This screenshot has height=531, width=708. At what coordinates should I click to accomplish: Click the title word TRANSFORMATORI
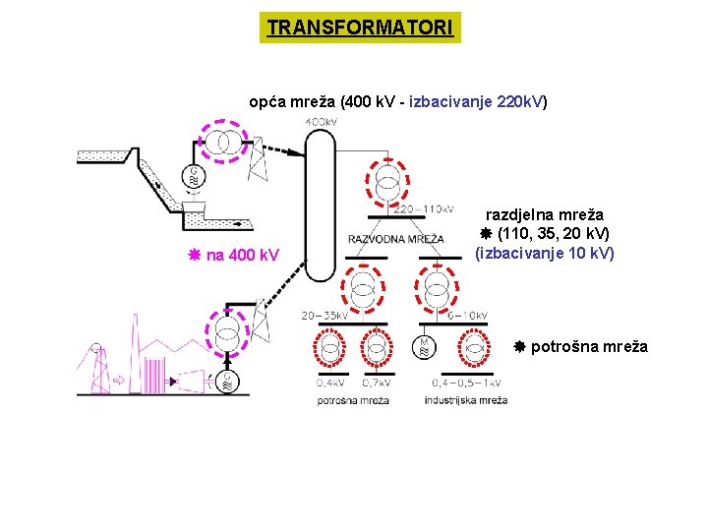360,28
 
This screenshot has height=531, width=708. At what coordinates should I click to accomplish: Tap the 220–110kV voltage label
423,208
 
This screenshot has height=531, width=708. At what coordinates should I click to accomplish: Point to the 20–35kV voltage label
324,316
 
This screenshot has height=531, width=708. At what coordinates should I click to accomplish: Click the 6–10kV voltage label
467,316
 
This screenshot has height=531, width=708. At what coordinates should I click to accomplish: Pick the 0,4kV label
329,383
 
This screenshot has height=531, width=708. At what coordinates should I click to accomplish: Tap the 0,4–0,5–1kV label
465,383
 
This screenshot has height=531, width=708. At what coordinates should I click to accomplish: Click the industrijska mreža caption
466,400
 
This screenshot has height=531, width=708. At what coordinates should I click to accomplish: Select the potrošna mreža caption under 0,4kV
353,400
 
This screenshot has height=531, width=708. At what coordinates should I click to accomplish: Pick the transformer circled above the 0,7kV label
376,347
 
